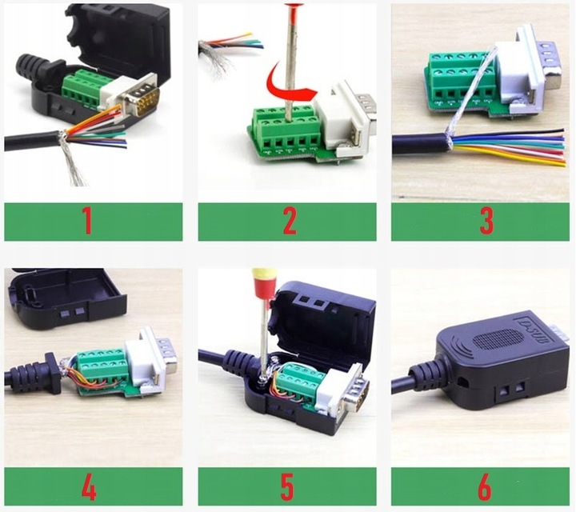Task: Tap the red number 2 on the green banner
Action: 290,222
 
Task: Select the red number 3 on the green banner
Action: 486,222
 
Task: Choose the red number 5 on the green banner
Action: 290,486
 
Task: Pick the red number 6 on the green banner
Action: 486,486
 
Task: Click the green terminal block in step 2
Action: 286,132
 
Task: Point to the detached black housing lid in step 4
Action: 64,297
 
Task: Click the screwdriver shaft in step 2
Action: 294,56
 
